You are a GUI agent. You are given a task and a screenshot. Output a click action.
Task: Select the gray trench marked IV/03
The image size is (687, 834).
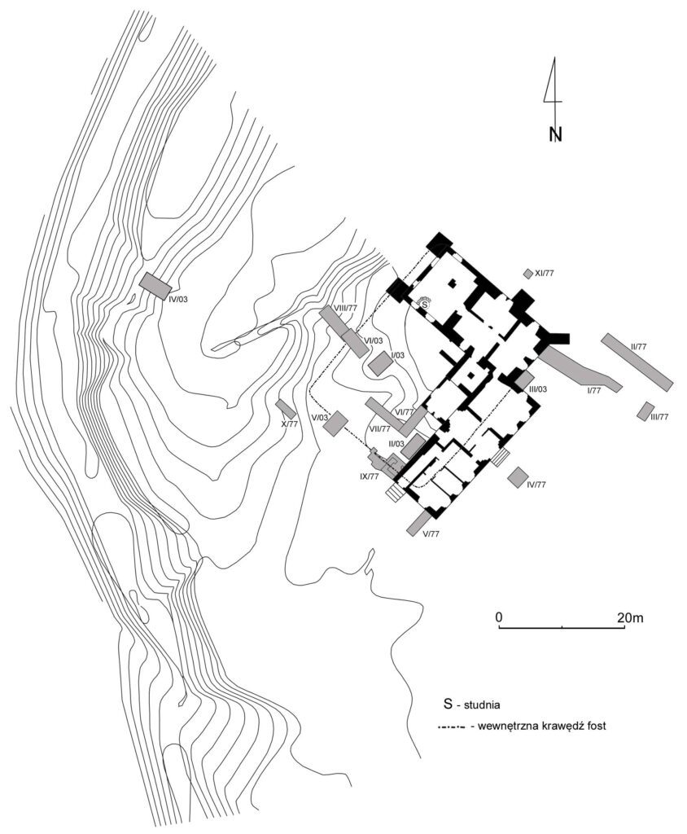(155, 285)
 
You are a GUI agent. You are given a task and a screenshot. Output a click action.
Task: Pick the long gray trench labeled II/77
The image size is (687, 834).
(637, 359)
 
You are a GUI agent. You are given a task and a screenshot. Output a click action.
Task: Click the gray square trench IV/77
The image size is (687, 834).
(517, 477)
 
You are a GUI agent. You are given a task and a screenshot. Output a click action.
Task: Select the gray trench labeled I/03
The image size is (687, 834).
(380, 363)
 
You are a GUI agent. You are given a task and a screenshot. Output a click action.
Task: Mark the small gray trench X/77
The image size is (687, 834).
(285, 409)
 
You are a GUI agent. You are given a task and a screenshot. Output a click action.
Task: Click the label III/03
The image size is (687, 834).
(537, 389)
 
